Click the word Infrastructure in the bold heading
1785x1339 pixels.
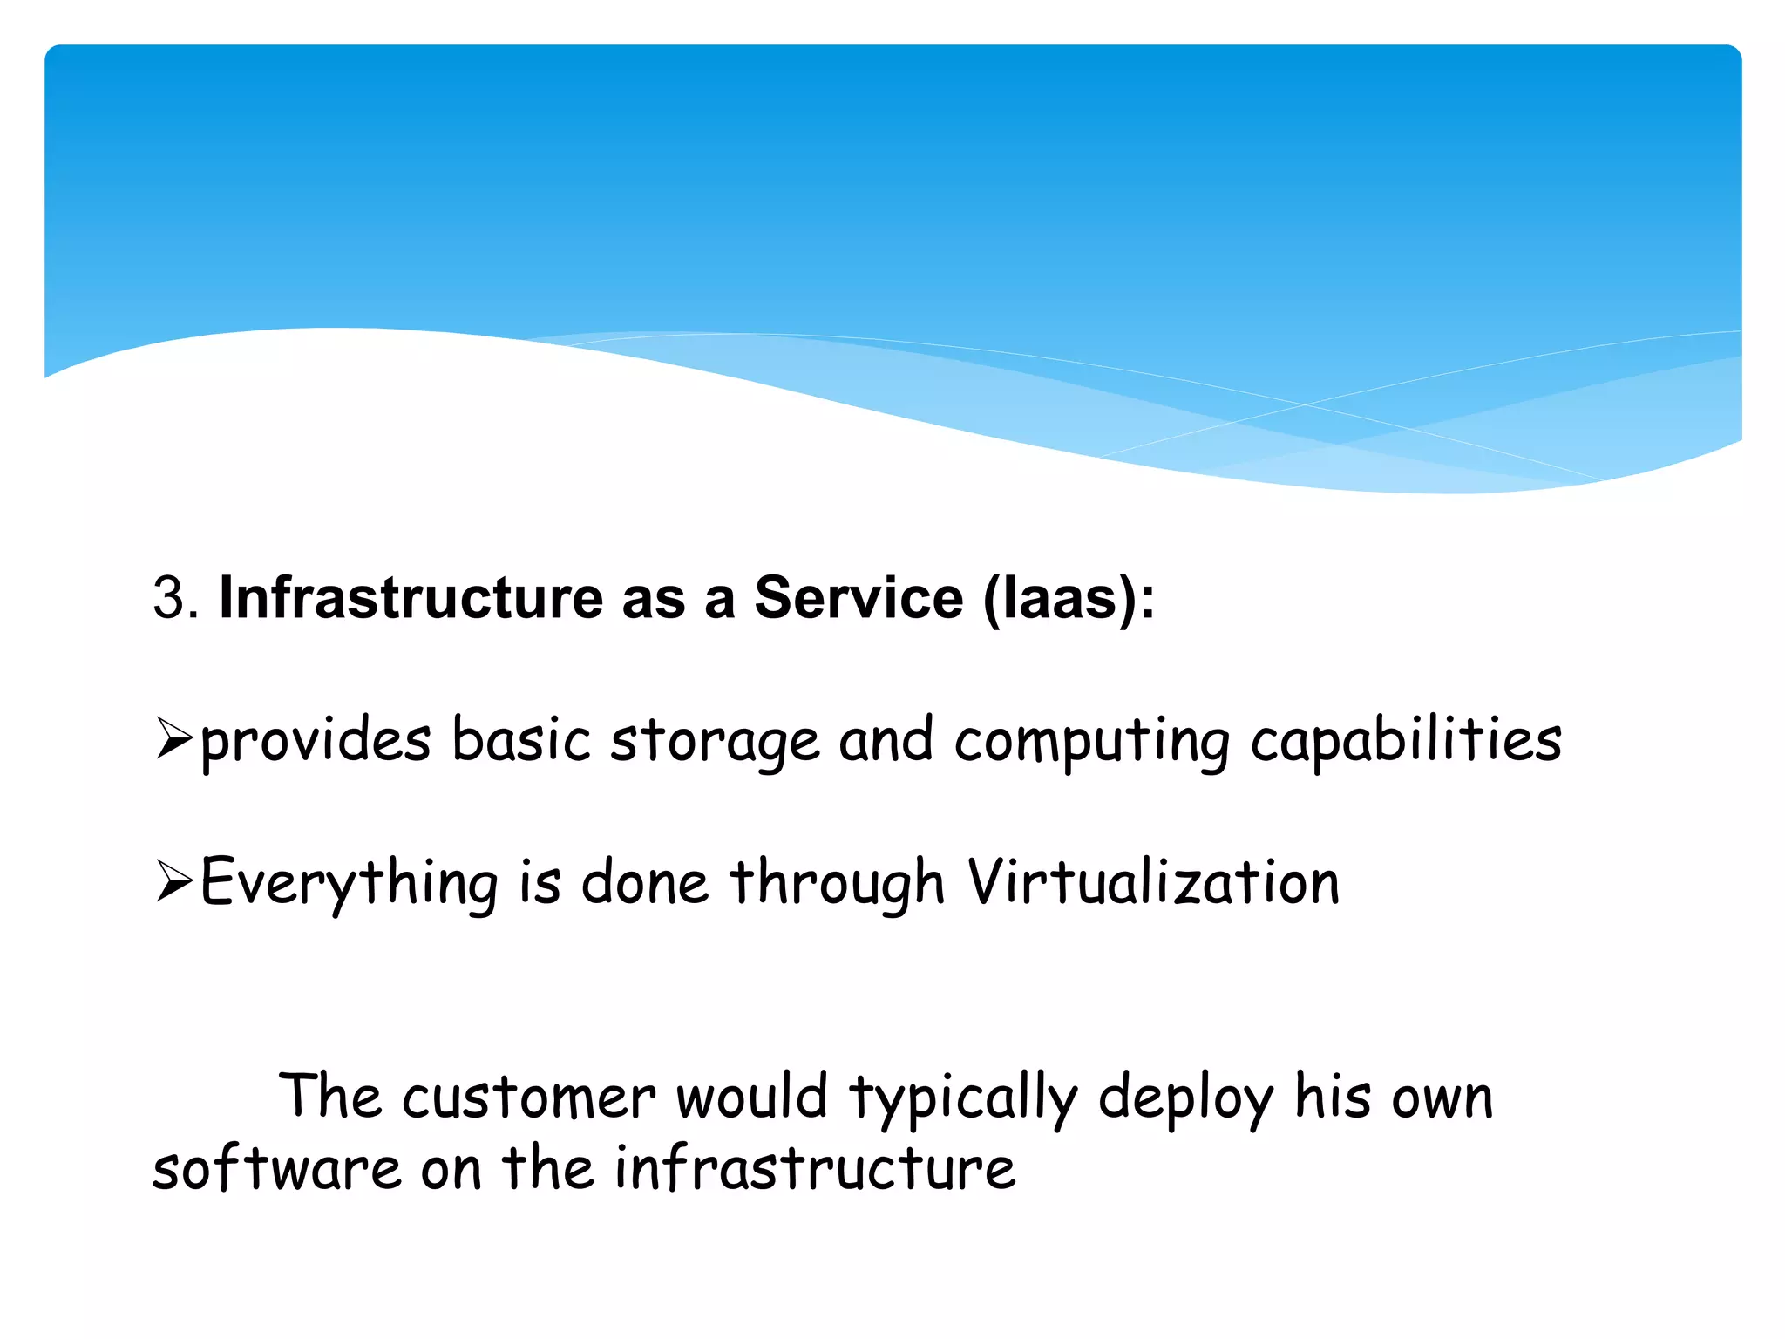[x=411, y=598]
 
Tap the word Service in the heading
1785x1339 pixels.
[x=859, y=598]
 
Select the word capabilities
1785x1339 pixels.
[x=1406, y=741]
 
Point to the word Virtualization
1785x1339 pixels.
[x=1152, y=882]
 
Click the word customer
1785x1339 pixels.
[x=528, y=1097]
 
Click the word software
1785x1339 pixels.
[x=276, y=1168]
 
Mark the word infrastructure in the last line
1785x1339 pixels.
[x=815, y=1168]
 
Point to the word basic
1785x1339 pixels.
[x=521, y=741]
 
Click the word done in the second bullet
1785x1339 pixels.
[x=645, y=882]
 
